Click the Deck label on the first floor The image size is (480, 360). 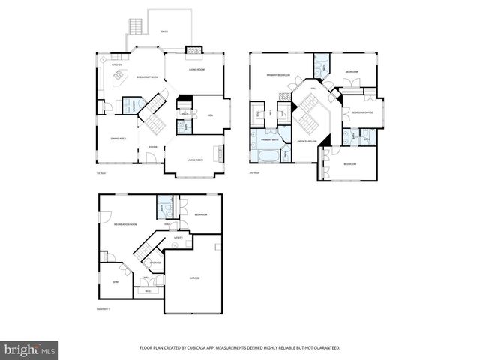click(x=164, y=31)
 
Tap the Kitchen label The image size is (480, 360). click(x=117, y=64)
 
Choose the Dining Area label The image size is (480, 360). click(x=118, y=139)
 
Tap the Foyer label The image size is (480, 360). click(x=152, y=147)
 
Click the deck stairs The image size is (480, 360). click(x=136, y=27)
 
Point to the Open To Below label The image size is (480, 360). click(x=308, y=141)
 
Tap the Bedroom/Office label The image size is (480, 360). click(x=358, y=112)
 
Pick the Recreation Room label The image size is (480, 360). click(x=125, y=224)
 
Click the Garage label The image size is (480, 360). click(x=194, y=277)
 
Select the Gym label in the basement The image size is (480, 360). click(x=115, y=281)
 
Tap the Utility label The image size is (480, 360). click(x=178, y=237)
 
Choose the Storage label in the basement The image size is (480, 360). click(x=155, y=262)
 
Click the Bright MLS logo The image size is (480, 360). click(x=30, y=349)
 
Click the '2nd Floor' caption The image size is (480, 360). click(x=254, y=173)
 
